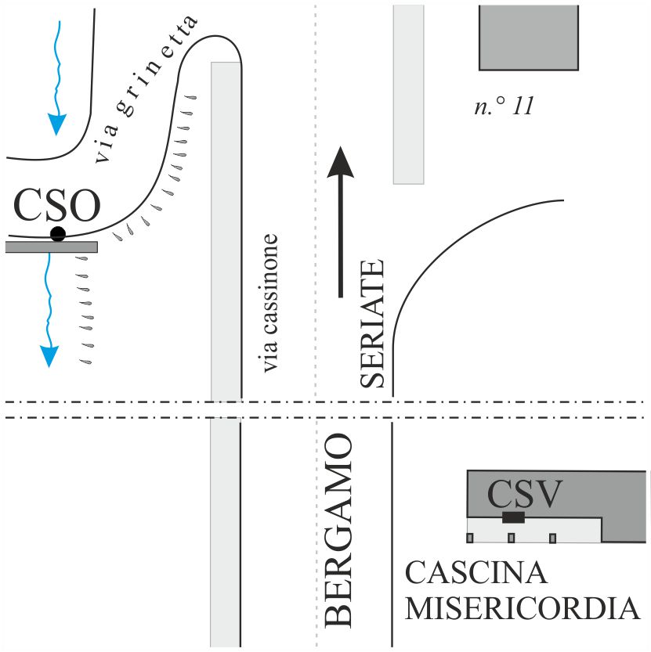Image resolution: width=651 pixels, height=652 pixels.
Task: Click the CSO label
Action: pos(58,206)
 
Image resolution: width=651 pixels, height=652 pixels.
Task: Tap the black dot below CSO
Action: pos(58,233)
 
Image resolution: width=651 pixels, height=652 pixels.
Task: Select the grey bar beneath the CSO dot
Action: pos(51,247)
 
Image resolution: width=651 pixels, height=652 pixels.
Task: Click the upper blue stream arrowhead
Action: pos(56,124)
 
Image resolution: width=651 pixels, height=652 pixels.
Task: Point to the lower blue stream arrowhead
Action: pos(49,356)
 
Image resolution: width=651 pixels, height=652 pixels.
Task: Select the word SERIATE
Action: pos(374,322)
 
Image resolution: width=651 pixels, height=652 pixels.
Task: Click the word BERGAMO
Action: pos(338,532)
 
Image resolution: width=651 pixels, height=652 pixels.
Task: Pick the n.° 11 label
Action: pos(505,106)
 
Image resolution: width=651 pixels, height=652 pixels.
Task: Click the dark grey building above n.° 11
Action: pos(529,37)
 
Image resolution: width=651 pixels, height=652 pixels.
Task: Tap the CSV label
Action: pos(524,494)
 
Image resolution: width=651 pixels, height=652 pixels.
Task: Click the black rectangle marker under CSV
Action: pos(513,517)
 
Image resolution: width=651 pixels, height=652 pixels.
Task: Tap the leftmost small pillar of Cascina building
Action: pos(470,538)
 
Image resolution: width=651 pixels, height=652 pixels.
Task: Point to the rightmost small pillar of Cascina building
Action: pos(552,538)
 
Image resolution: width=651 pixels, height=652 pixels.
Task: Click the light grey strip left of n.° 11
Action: pos(408,94)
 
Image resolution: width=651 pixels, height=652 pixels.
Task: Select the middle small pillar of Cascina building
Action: pos(511,538)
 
